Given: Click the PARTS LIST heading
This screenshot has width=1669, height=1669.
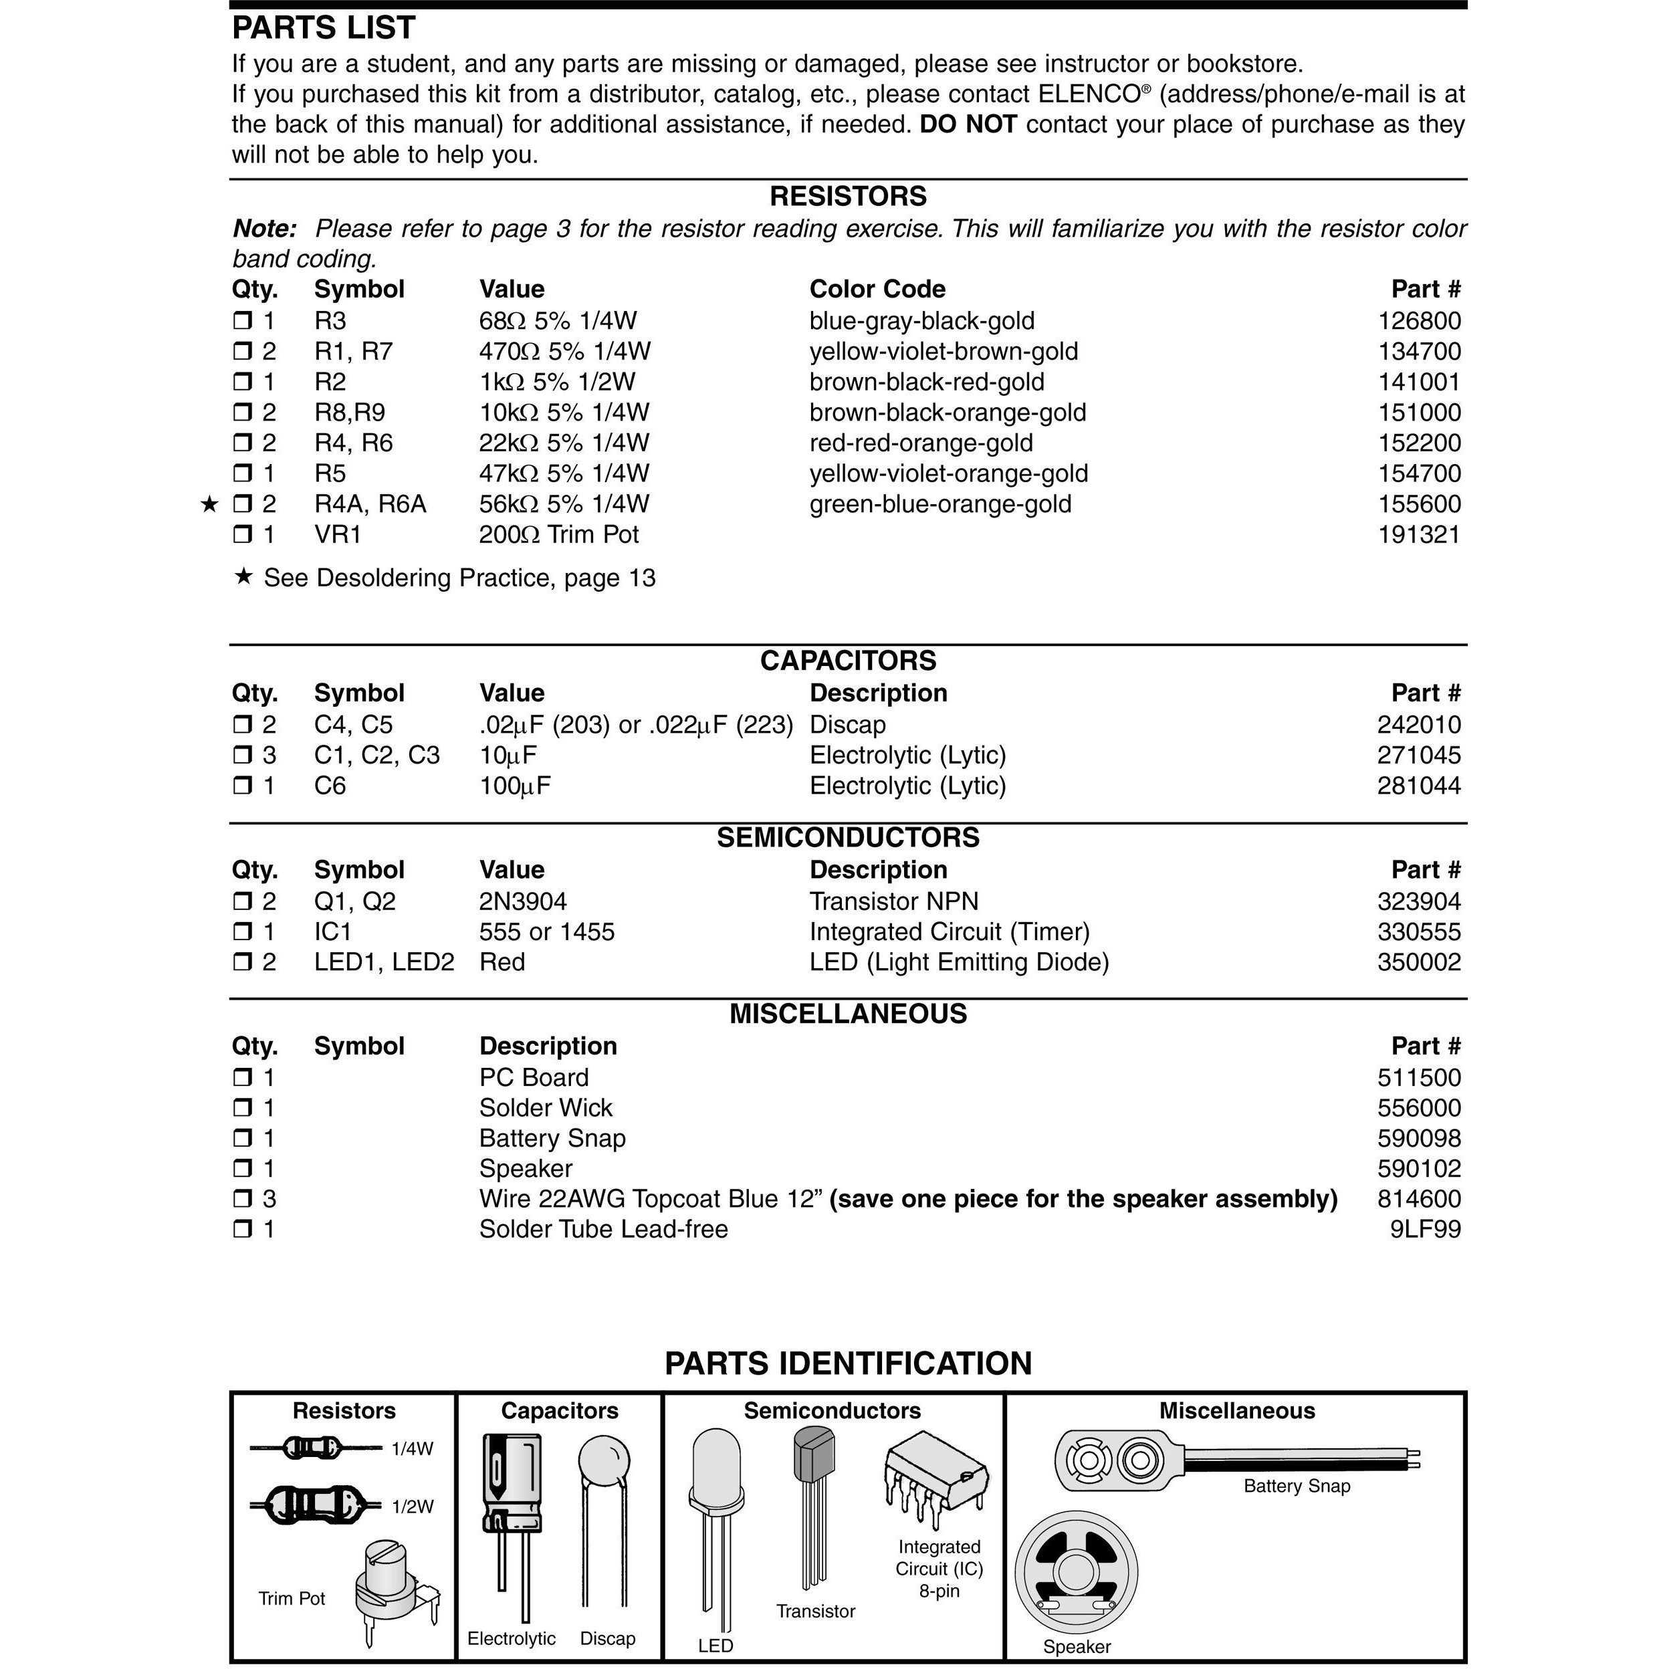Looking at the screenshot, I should [323, 27].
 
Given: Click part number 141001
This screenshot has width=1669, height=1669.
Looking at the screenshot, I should [1418, 382].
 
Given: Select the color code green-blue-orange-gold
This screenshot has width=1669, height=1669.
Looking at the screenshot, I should [940, 504].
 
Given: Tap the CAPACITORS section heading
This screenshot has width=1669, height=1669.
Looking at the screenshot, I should [847, 660].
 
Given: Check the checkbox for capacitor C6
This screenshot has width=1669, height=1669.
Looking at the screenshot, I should [242, 785].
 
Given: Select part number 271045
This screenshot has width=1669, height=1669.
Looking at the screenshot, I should [1418, 755].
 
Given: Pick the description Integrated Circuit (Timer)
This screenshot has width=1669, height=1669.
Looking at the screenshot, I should [950, 931].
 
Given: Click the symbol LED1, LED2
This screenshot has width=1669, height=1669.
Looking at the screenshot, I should [384, 962].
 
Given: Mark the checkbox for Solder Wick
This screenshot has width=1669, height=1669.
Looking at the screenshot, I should [242, 1107].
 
